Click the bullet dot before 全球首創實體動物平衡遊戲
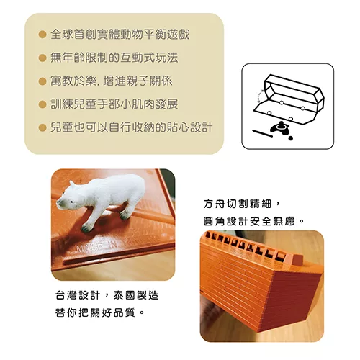pos(42,35)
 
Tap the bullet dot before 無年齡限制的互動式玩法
pos(42,58)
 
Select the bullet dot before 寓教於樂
pos(42,81)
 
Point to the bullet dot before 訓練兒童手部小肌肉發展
pos(42,104)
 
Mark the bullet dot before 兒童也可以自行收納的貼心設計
pos(42,127)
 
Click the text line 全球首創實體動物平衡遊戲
pos(120,35)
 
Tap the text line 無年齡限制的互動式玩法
pos(114,58)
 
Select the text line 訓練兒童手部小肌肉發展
pos(114,104)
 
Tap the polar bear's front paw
pos(87,228)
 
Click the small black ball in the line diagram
pos(291,138)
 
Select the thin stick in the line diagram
pos(263,133)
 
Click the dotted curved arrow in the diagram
pos(259,96)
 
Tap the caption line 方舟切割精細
pos(242,204)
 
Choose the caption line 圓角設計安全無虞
pos(253,221)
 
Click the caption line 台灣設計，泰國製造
pos(107,295)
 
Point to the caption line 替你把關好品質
pos(99,312)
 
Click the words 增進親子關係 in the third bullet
pos(138,81)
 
